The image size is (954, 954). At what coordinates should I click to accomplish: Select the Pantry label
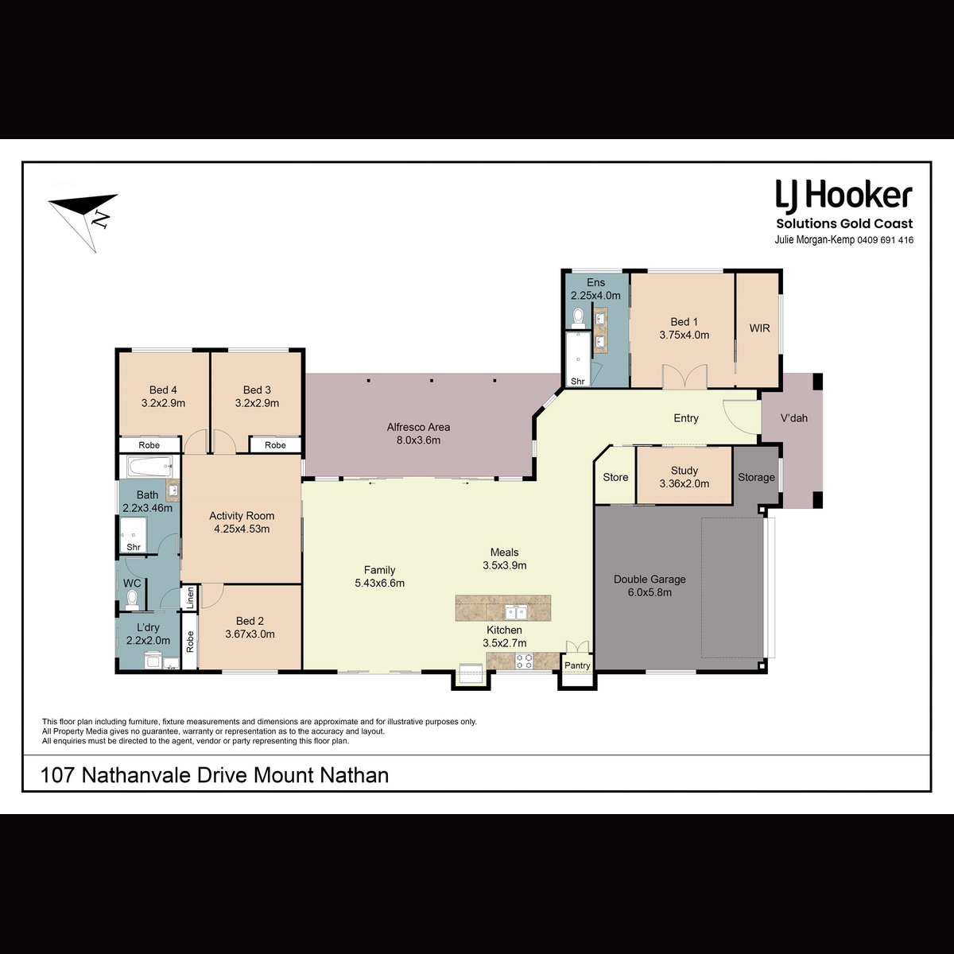(577, 665)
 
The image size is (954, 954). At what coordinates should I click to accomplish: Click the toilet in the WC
(132, 600)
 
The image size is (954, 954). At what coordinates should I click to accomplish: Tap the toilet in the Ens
(578, 318)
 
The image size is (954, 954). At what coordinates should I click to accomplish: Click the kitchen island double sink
(516, 613)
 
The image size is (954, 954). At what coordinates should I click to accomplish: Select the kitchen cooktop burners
(524, 661)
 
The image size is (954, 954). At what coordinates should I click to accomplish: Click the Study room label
(684, 471)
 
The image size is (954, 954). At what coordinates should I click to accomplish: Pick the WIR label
(759, 328)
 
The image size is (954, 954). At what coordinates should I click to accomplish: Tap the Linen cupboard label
(190, 598)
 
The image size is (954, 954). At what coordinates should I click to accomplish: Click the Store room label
(615, 477)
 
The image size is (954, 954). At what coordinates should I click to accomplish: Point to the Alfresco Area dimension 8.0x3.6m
(418, 440)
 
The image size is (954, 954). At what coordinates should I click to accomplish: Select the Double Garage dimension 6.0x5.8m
(650, 592)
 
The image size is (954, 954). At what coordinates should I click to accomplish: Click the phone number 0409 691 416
(885, 240)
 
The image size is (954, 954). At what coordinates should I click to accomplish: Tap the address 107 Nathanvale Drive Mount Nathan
(215, 775)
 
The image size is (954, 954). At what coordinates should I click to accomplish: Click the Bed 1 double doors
(684, 376)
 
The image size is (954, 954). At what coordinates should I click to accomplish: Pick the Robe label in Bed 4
(149, 445)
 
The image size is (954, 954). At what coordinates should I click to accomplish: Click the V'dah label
(793, 418)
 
